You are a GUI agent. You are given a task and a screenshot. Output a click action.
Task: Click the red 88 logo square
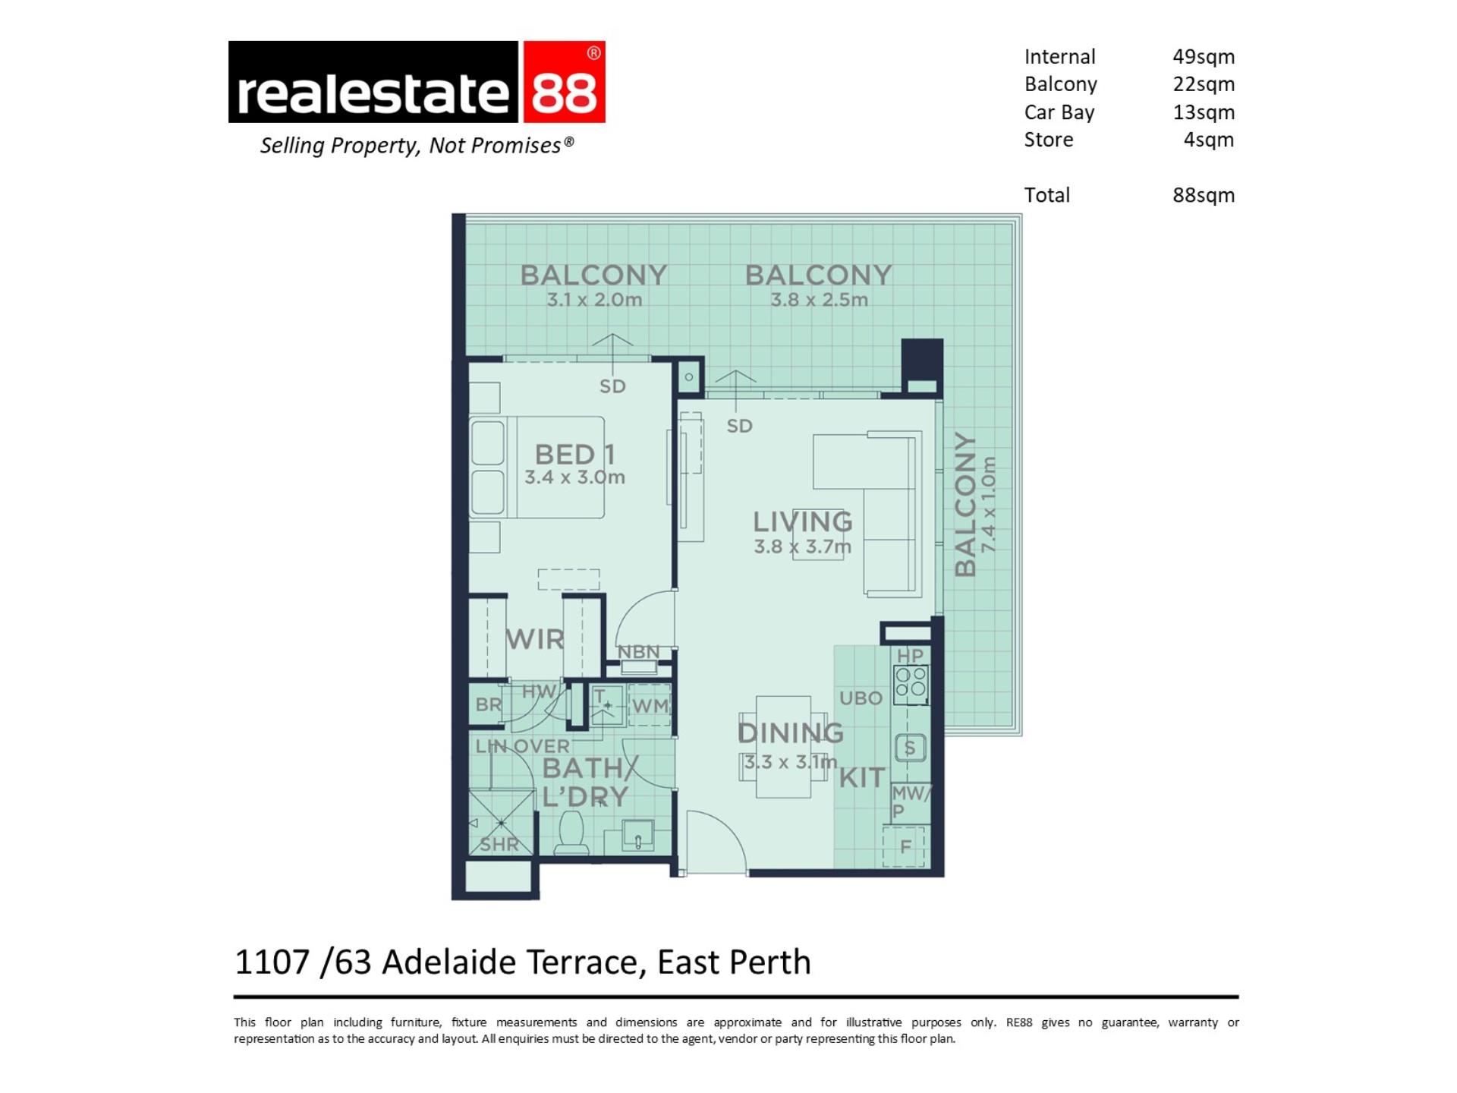(x=564, y=82)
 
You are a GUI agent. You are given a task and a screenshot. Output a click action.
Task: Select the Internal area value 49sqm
(x=1204, y=57)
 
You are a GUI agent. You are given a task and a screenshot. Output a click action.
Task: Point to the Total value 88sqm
(x=1204, y=195)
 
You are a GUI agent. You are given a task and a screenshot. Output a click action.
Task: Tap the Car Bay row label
(x=1059, y=112)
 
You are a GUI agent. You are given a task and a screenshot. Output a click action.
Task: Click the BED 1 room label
(x=574, y=454)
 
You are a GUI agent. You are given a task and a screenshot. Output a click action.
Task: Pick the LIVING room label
(x=803, y=521)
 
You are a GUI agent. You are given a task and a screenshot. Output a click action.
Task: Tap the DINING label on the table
(x=791, y=732)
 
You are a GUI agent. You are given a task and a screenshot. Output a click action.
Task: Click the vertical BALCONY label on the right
(x=965, y=505)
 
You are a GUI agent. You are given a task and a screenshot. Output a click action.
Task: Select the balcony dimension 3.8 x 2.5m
(x=819, y=300)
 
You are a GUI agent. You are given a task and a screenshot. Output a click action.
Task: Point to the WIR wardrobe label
(x=535, y=639)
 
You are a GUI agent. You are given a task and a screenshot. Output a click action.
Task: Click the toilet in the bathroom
(x=571, y=833)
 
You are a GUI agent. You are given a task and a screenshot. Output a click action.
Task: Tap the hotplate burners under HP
(x=911, y=682)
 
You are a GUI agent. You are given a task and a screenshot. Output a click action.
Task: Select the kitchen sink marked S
(x=910, y=748)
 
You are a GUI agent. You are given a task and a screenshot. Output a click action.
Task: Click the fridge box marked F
(x=905, y=846)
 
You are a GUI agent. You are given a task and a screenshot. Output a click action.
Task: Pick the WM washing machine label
(x=650, y=706)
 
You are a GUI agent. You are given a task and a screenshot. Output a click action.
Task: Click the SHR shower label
(x=499, y=844)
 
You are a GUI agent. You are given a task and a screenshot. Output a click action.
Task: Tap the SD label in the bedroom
(x=612, y=386)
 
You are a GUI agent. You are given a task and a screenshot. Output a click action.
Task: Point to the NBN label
(x=638, y=652)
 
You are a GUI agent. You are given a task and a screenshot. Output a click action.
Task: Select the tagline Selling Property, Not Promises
(x=417, y=145)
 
